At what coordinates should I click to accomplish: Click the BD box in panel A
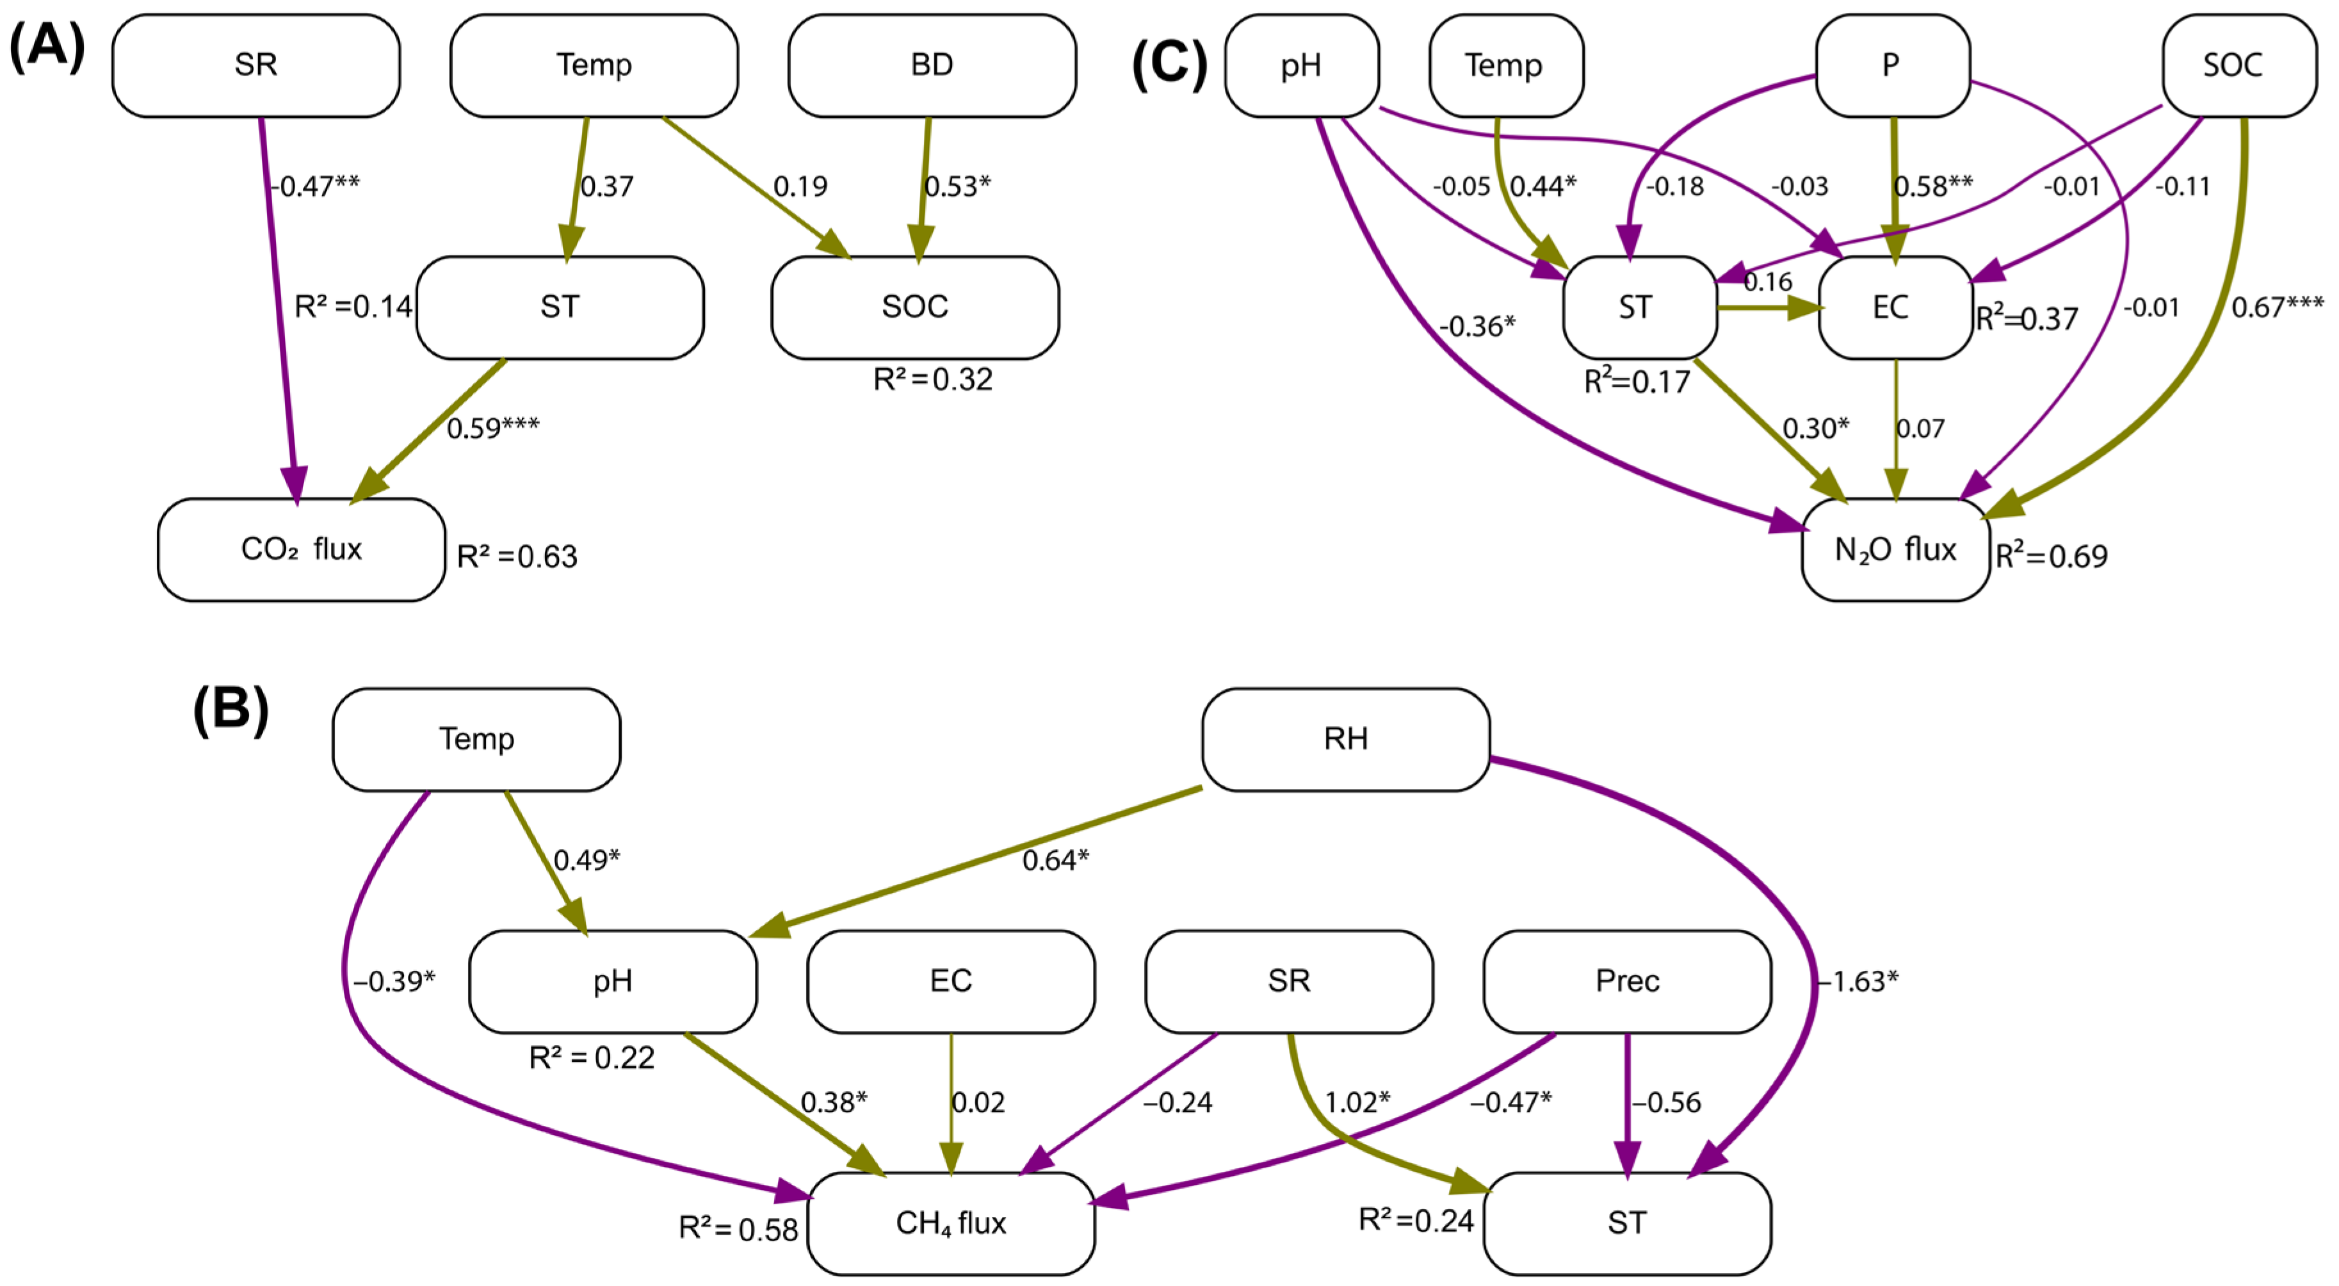coord(932,65)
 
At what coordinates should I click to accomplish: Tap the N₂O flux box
coord(1895,549)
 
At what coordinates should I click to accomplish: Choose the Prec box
coord(1626,981)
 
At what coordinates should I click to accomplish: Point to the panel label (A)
coord(47,45)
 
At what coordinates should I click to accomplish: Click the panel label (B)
coord(231,710)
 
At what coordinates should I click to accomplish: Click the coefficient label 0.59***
coord(493,428)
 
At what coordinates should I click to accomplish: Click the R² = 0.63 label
coord(517,556)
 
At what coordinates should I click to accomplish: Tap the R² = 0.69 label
coord(2050,556)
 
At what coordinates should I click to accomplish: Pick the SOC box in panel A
coord(914,307)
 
